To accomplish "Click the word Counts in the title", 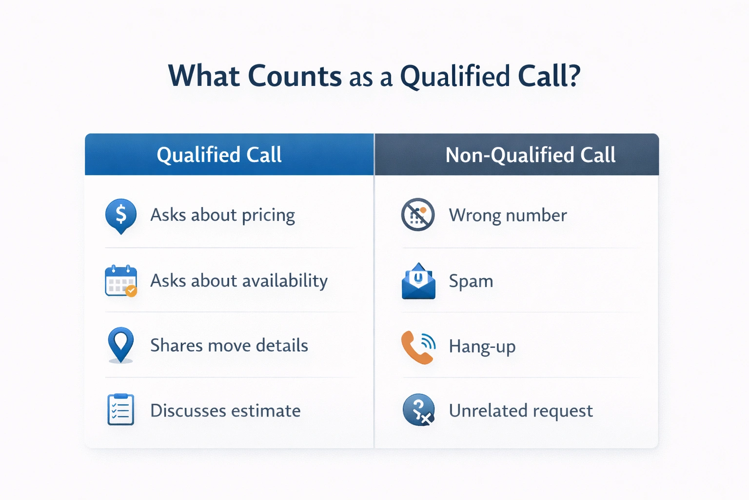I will pyautogui.click(x=295, y=76).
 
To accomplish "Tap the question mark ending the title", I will pyautogui.click(x=573, y=76).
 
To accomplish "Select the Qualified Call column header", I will pyautogui.click(x=219, y=155).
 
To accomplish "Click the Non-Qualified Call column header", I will pyautogui.click(x=530, y=155).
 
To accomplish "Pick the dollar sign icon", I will pyautogui.click(x=120, y=215).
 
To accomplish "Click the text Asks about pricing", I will pyautogui.click(x=222, y=215).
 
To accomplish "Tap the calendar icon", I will pyautogui.click(x=120, y=281).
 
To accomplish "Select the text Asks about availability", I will pyautogui.click(x=239, y=281).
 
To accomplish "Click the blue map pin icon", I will pyautogui.click(x=120, y=344).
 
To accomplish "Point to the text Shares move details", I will pyautogui.click(x=229, y=345).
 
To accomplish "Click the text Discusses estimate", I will pyautogui.click(x=225, y=411).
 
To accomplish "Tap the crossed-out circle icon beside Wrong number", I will pyautogui.click(x=417, y=214).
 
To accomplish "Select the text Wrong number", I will pyautogui.click(x=508, y=215).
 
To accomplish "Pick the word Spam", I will pyautogui.click(x=471, y=281).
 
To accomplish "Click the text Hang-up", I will pyautogui.click(x=482, y=346).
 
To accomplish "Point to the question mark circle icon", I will pyautogui.click(x=418, y=410).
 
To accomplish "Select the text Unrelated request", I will pyautogui.click(x=520, y=411).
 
